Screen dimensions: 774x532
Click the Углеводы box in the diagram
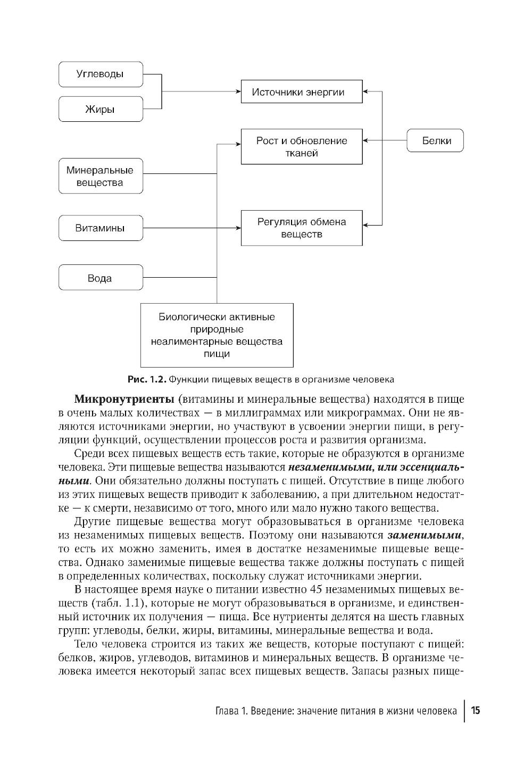pos(100,74)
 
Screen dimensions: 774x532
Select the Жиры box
pos(100,110)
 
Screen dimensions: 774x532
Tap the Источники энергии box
pos(301,92)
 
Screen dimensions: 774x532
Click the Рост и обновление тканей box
pos(301,147)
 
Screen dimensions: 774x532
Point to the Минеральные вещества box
pos(100,177)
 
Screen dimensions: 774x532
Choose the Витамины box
pos(100,228)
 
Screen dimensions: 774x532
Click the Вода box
pos(100,278)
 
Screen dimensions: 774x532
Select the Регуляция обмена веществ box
pos(301,228)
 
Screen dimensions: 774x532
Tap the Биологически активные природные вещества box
pos(217,335)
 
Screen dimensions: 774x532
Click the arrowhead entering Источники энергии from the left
pos(237,92)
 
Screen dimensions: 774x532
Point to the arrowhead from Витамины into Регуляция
pos(237,228)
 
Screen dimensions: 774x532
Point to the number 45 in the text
pos(314,589)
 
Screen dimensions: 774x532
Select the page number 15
pos(476,711)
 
